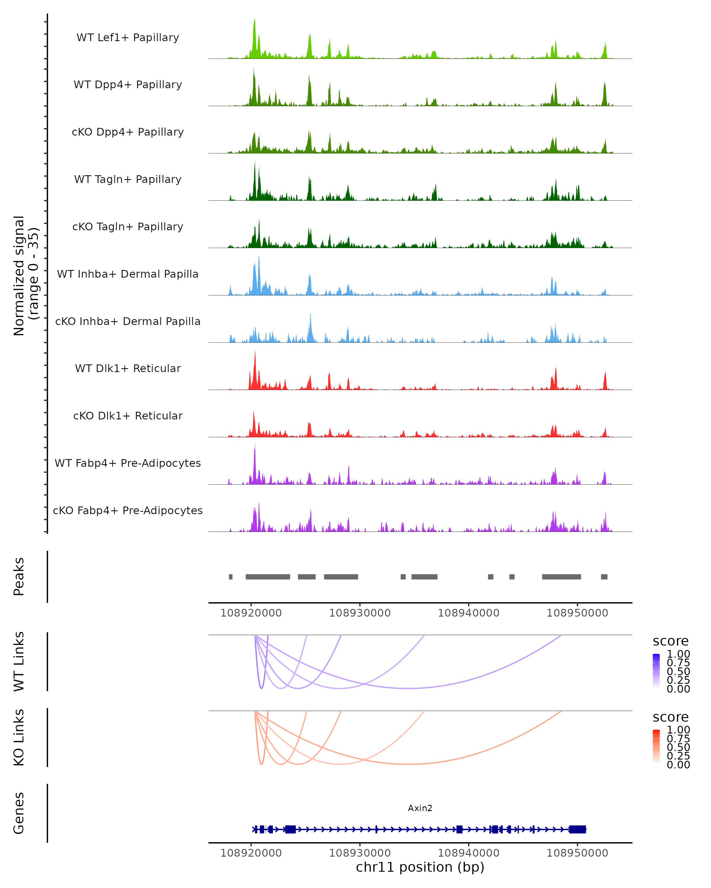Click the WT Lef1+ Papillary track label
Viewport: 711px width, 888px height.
(128, 38)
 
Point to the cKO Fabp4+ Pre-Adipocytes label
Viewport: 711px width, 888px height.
(128, 510)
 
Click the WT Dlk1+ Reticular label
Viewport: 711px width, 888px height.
(128, 368)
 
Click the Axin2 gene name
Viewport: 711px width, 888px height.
(420, 808)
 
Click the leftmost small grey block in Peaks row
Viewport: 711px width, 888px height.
(230, 577)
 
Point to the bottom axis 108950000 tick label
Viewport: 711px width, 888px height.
(577, 853)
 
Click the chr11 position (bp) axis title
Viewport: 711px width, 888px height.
(420, 867)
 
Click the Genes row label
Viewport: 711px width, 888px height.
(19, 813)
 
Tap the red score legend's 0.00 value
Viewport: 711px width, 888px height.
(678, 765)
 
